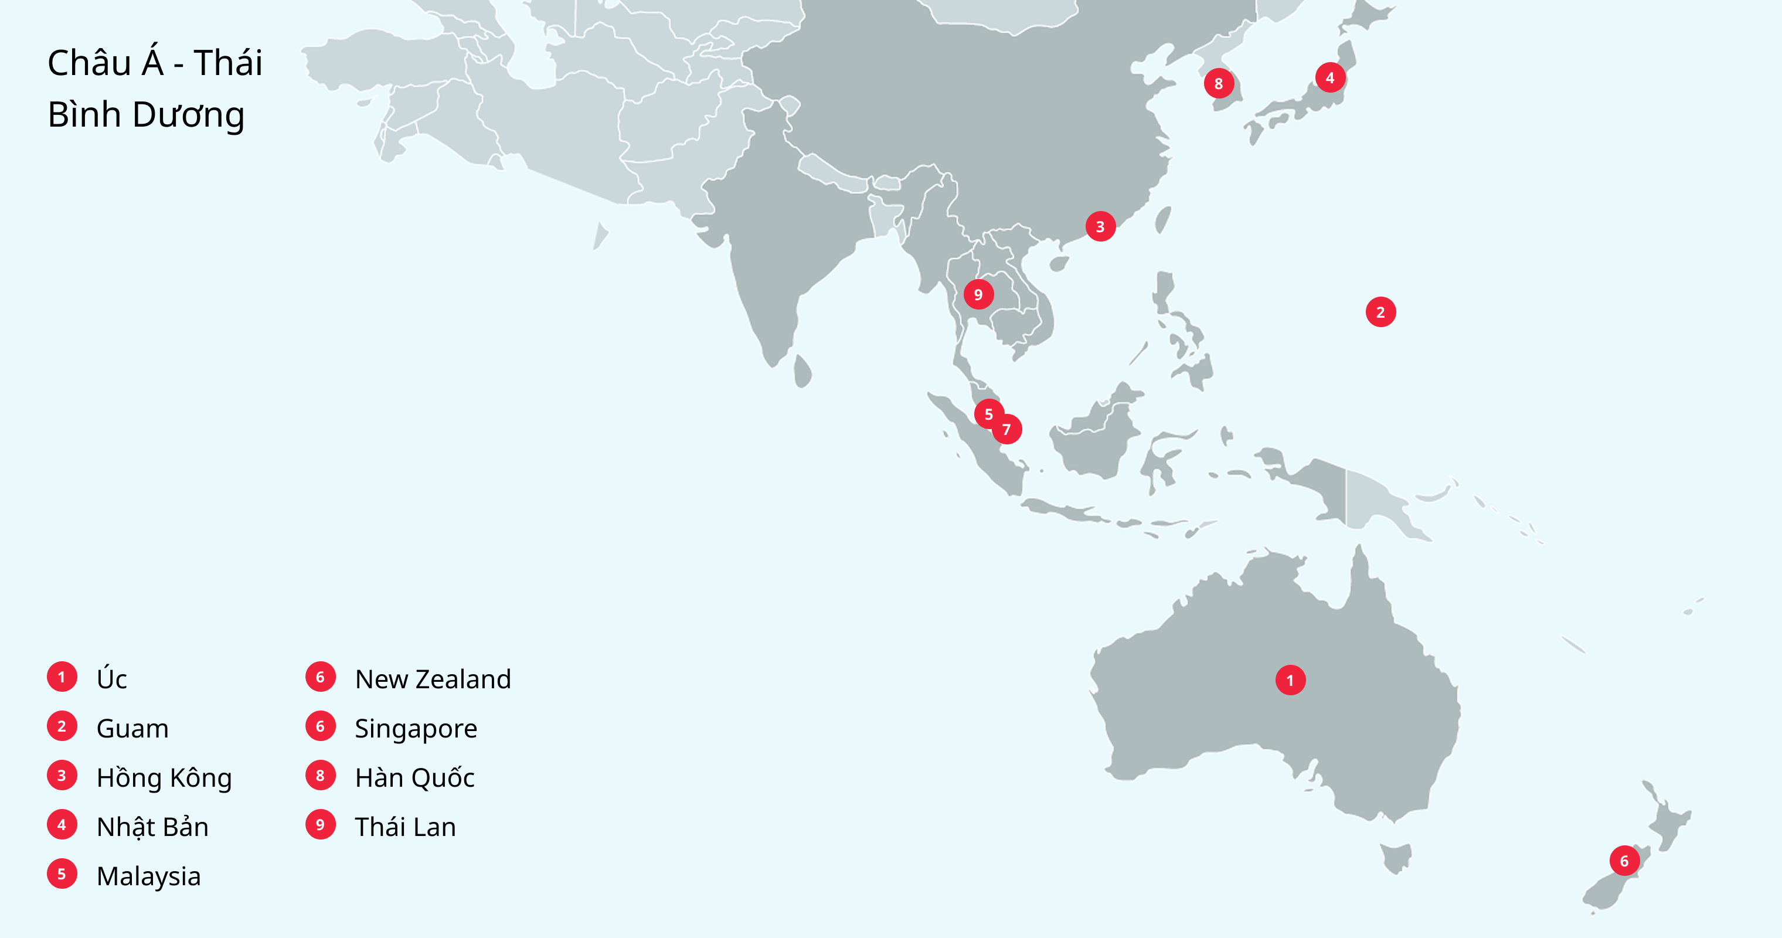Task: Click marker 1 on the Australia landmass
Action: (1290, 680)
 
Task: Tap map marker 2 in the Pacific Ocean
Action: (1380, 312)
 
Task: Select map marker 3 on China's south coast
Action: (1100, 226)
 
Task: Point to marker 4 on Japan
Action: (1329, 77)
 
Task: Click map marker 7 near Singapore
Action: (1006, 430)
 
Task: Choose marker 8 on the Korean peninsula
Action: (1218, 84)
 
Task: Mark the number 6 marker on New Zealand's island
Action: (1624, 861)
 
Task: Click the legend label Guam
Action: (132, 728)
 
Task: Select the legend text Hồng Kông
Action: (164, 777)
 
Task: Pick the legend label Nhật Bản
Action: (152, 827)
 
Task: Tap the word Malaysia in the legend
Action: (149, 876)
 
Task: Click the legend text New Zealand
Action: (433, 679)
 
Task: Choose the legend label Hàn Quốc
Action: (414, 777)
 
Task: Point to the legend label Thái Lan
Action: (406, 827)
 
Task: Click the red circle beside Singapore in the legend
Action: (320, 726)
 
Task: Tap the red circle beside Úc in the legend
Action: (62, 677)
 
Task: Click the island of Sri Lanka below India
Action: (802, 372)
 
